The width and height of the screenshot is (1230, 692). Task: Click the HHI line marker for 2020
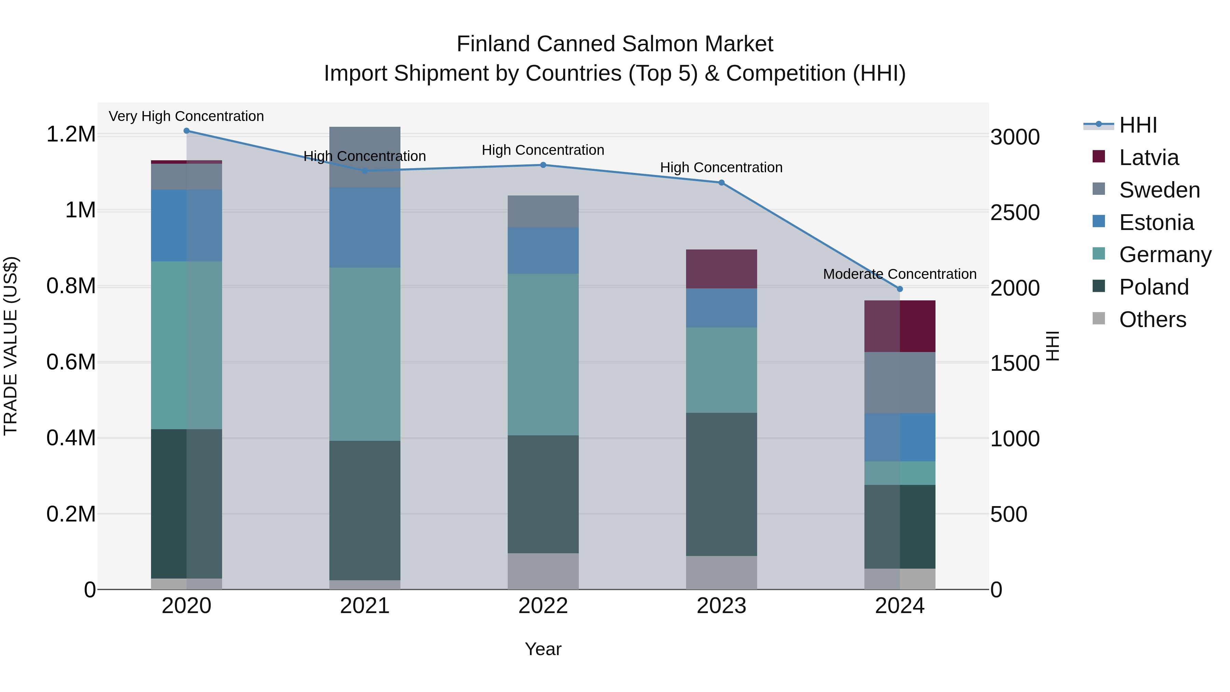coord(187,131)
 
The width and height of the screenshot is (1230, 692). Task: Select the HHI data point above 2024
coord(900,289)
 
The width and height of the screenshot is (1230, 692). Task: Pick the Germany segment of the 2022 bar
coord(543,354)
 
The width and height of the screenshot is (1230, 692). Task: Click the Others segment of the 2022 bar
coord(543,571)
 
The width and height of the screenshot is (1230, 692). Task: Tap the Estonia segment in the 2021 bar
coord(365,227)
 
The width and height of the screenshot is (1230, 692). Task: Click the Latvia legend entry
coord(1148,158)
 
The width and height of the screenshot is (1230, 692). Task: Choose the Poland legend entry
coord(1153,287)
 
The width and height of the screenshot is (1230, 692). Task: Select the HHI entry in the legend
coord(1137,125)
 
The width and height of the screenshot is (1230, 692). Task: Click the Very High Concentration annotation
coord(186,116)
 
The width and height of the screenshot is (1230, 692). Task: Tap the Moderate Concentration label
coord(900,274)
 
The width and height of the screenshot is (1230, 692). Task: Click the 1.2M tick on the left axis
coord(71,134)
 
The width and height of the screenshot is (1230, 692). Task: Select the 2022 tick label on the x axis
coord(543,606)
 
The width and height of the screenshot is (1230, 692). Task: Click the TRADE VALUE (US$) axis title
coord(11,346)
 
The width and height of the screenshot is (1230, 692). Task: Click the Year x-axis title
coord(543,649)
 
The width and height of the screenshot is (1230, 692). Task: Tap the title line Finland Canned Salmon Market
coord(615,44)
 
